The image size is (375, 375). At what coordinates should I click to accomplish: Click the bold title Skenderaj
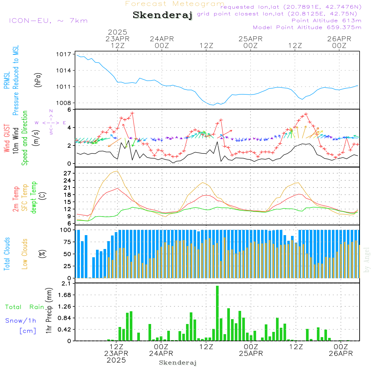pyautogui.click(x=162, y=15)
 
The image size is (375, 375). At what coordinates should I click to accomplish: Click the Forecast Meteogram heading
pyautogui.click(x=175, y=4)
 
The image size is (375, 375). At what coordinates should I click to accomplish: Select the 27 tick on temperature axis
pyautogui.click(x=66, y=173)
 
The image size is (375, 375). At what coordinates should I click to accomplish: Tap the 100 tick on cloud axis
pyautogui.click(x=64, y=230)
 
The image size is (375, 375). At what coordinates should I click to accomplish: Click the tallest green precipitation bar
pyautogui.click(x=217, y=313)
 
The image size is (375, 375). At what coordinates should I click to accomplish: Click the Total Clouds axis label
pyautogui.click(x=7, y=254)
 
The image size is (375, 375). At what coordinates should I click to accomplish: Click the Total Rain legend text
pyautogui.click(x=24, y=307)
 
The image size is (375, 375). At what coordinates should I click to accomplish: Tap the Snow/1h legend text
pyautogui.click(x=21, y=321)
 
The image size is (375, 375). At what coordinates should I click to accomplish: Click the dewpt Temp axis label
pyautogui.click(x=33, y=198)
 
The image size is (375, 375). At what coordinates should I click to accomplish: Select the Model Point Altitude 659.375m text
pyautogui.click(x=307, y=27)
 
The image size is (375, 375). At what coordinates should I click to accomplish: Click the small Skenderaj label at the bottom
pyautogui.click(x=178, y=363)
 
